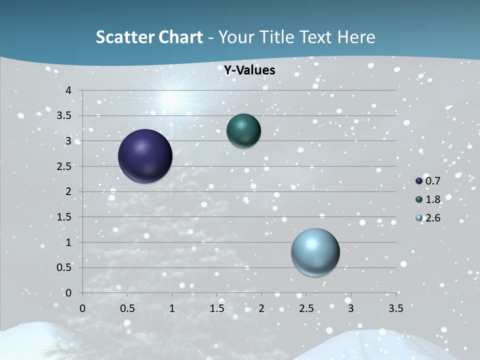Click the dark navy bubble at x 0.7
145,156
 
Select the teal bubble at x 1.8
244,130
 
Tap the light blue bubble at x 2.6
315,252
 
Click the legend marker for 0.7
419,181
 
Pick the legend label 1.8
433,199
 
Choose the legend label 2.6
433,218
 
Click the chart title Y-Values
249,70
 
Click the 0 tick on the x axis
82,308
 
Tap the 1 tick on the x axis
172,308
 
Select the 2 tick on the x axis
261,308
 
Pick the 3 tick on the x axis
351,308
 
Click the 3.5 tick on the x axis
395,308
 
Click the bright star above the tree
171,100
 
